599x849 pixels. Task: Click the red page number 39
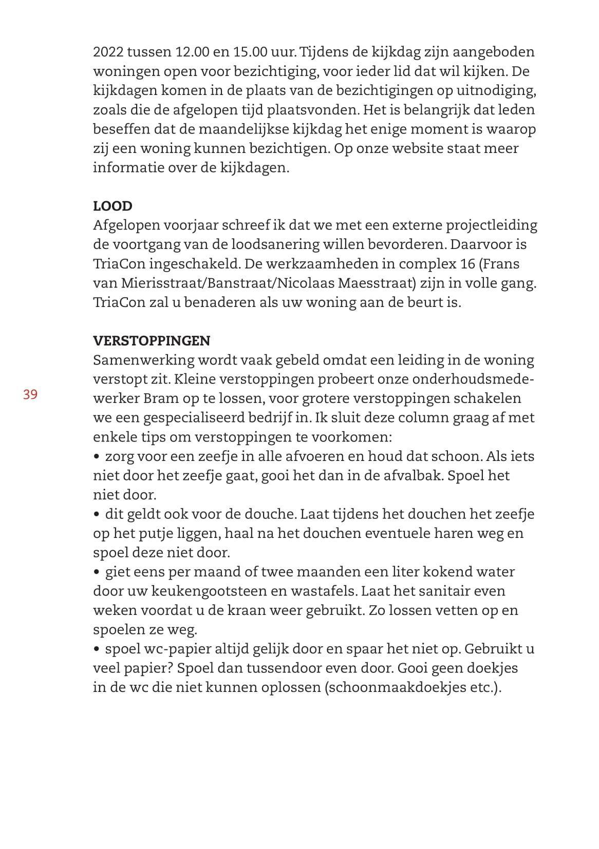click(x=30, y=394)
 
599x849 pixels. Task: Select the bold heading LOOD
click(x=113, y=206)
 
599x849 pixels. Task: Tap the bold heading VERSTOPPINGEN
click(x=152, y=341)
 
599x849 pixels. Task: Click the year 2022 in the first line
click(x=107, y=52)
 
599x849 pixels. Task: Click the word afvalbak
click(x=413, y=475)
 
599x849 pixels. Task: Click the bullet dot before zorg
click(x=97, y=456)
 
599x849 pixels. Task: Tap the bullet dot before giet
click(x=97, y=572)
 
